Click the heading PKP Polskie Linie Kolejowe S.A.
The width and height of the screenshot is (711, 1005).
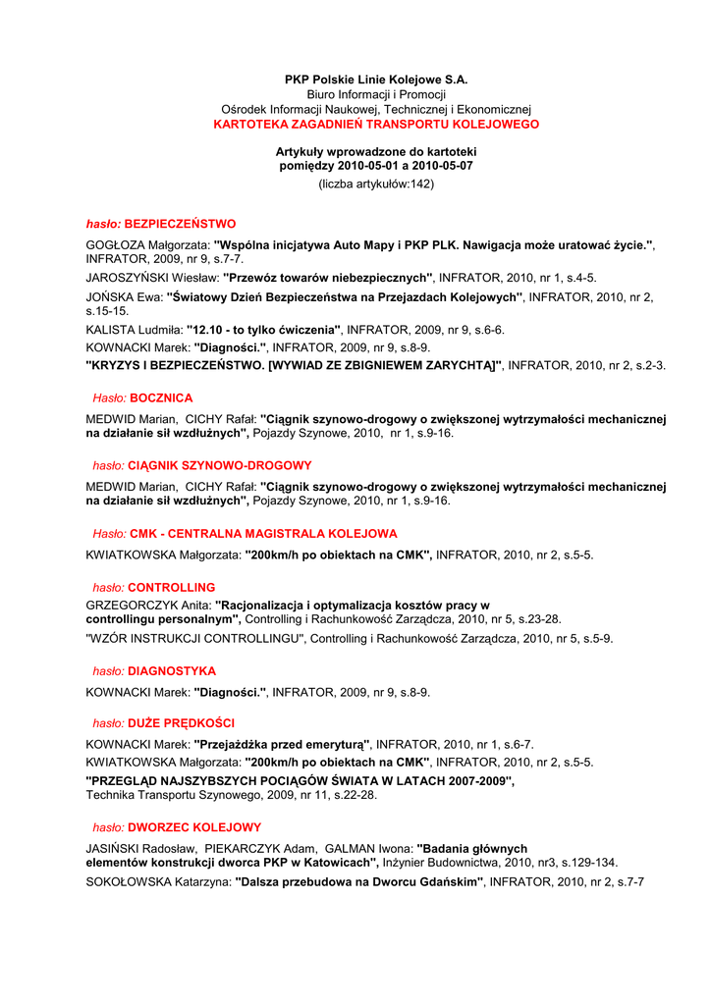click(x=376, y=79)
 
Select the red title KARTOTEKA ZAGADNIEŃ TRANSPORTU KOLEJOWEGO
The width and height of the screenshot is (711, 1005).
click(x=376, y=125)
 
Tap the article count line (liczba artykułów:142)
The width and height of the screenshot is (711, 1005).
click(x=376, y=185)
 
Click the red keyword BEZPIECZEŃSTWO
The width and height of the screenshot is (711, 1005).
click(x=180, y=224)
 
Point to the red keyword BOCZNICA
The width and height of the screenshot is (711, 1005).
click(x=161, y=397)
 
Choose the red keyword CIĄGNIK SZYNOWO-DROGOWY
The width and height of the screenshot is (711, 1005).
click(x=220, y=465)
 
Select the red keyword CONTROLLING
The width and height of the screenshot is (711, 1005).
click(x=172, y=587)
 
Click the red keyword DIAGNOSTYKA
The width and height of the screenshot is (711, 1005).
click(x=172, y=671)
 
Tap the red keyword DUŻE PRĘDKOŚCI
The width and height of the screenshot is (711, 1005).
click(x=182, y=723)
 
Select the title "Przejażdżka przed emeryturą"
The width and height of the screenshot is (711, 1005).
click(x=282, y=744)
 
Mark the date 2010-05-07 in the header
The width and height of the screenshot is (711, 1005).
click(x=440, y=166)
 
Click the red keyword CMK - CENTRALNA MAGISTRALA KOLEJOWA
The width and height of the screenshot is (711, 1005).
click(x=263, y=534)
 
